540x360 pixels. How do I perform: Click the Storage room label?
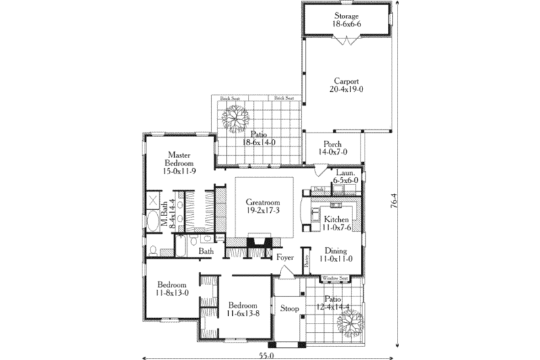346,16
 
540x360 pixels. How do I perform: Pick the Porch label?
331,145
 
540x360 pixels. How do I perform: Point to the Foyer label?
285,257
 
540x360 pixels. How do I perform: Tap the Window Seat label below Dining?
334,278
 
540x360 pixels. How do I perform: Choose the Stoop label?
290,309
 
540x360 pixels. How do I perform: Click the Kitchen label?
335,220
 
